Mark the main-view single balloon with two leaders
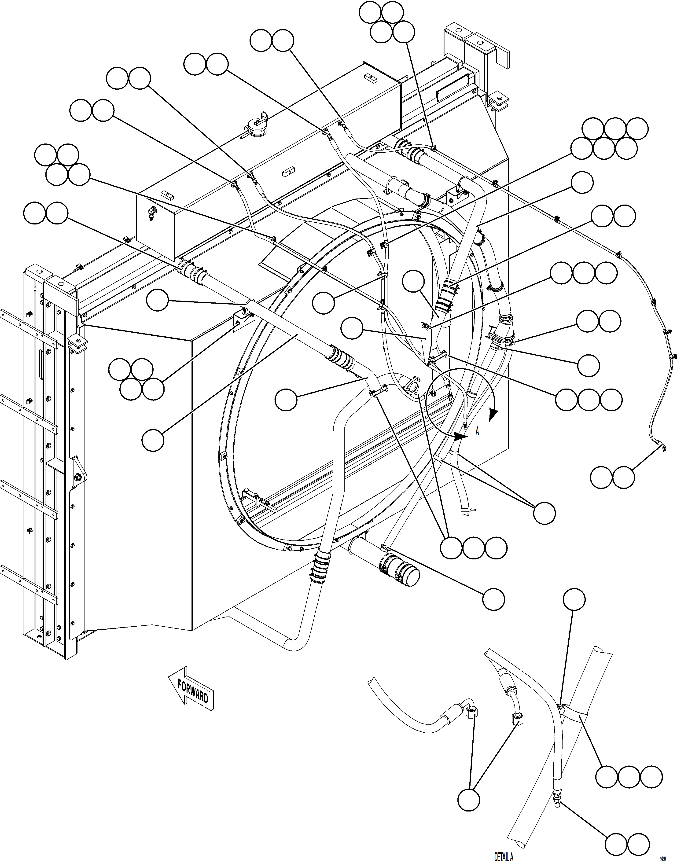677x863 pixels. click(544, 514)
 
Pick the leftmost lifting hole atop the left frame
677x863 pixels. click(39, 272)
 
